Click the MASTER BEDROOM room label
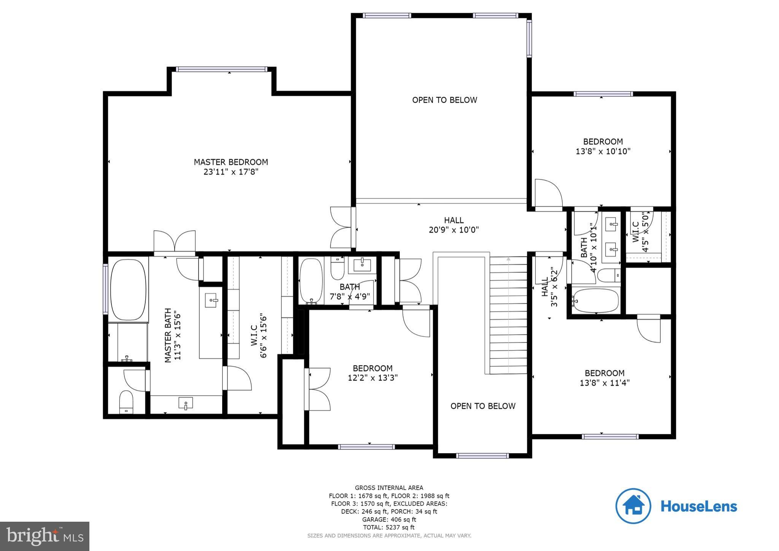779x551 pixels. pos(231,162)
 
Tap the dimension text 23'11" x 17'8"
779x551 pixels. pos(231,172)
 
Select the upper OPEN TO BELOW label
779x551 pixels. pos(444,100)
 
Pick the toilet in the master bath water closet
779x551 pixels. pos(126,401)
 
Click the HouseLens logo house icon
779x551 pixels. pos(633,506)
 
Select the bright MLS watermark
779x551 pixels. pos(45,536)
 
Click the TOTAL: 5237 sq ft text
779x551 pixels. pos(389,527)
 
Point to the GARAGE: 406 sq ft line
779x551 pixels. pos(389,519)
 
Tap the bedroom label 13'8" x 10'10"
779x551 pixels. pos(603,151)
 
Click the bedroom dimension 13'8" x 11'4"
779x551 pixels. pos(604,383)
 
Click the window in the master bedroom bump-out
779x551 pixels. pos(222,69)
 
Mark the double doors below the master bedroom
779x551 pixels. pos(175,242)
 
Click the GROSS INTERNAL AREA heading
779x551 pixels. pos(389,488)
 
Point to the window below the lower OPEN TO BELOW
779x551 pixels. pos(482,455)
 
